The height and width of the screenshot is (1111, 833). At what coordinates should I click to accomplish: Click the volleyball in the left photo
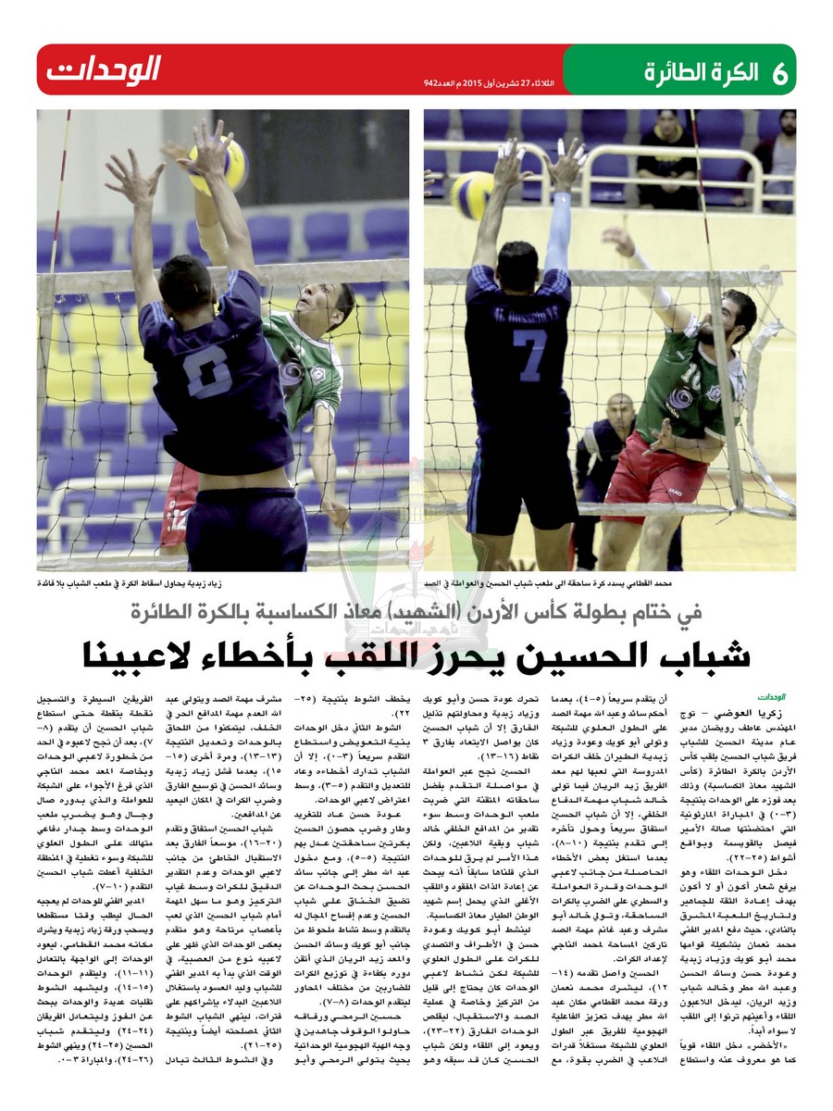[218, 165]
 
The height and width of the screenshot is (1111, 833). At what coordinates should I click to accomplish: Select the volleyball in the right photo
[472, 193]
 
